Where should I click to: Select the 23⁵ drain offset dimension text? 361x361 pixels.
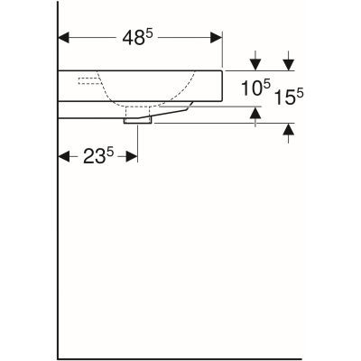97,156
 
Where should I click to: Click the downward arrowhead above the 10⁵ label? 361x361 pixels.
256,64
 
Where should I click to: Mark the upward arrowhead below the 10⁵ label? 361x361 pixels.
256,113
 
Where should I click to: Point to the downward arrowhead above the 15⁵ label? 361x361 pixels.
288,64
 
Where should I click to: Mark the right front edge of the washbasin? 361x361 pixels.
223,85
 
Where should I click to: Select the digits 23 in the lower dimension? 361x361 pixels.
92,157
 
